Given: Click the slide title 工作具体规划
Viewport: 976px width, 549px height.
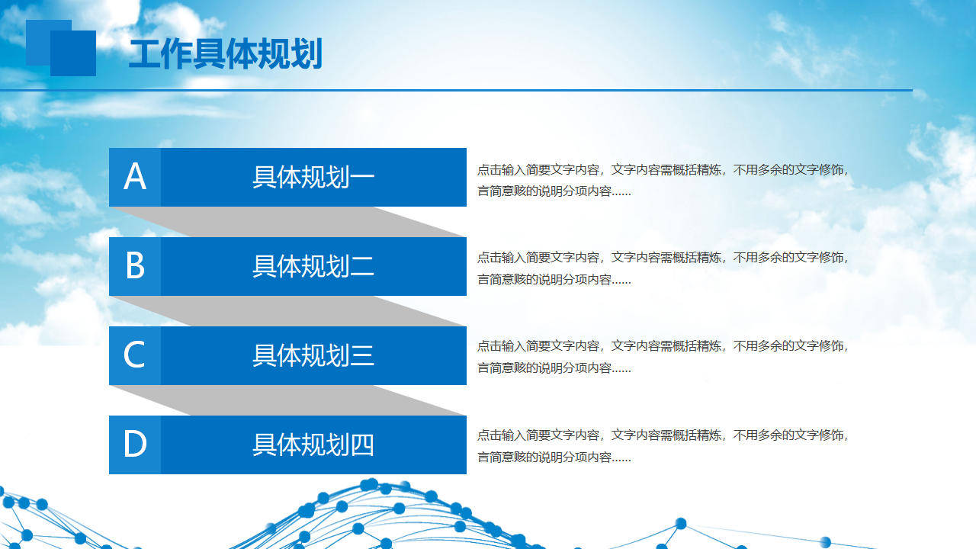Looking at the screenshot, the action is click(x=226, y=53).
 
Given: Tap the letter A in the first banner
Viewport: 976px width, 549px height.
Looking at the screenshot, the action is click(x=135, y=176).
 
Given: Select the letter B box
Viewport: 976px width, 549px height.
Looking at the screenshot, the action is click(x=135, y=266).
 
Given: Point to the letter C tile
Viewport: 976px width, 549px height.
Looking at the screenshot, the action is click(x=135, y=355).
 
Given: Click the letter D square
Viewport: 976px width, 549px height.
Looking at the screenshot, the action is click(x=135, y=445).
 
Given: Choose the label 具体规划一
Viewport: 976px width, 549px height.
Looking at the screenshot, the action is click(x=313, y=178).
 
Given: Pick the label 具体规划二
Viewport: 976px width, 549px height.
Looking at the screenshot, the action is click(x=313, y=266).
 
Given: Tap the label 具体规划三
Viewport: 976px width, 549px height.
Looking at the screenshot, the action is click(x=313, y=355).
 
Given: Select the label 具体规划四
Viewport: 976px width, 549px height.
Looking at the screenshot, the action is click(x=313, y=445).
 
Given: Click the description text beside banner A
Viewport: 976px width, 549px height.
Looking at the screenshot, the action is click(x=663, y=180).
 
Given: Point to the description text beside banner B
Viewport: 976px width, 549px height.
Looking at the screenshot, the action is click(x=663, y=268).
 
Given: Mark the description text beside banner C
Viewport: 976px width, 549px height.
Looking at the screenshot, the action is click(x=663, y=357).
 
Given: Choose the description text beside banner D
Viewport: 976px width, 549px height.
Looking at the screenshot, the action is click(x=663, y=446).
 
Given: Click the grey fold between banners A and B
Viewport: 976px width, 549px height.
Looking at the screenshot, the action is click(x=287, y=222).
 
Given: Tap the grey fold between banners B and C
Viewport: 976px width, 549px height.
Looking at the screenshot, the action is click(x=287, y=311).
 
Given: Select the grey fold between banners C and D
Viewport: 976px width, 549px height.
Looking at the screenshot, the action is click(x=287, y=400).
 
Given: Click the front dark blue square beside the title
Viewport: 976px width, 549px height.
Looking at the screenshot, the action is click(x=73, y=53).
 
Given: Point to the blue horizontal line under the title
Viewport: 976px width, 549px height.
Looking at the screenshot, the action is click(x=456, y=90).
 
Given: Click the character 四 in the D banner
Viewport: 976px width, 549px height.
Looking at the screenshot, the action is click(x=362, y=445).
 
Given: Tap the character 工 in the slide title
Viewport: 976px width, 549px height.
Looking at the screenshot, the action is click(x=145, y=53).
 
